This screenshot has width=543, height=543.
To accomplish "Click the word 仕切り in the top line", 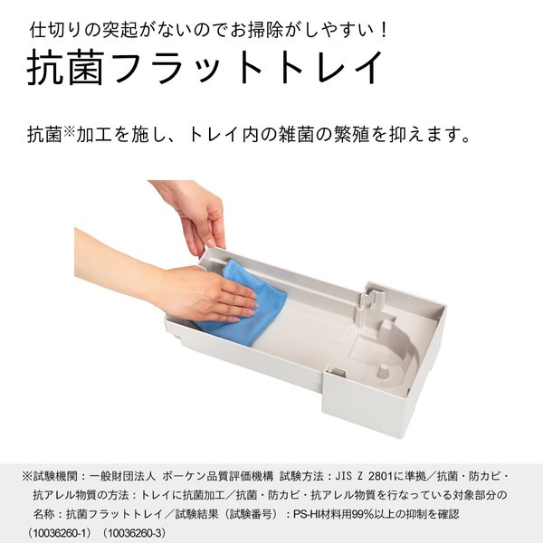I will click(x=57, y=28).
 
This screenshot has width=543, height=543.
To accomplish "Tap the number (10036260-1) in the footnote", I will click(x=62, y=531).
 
